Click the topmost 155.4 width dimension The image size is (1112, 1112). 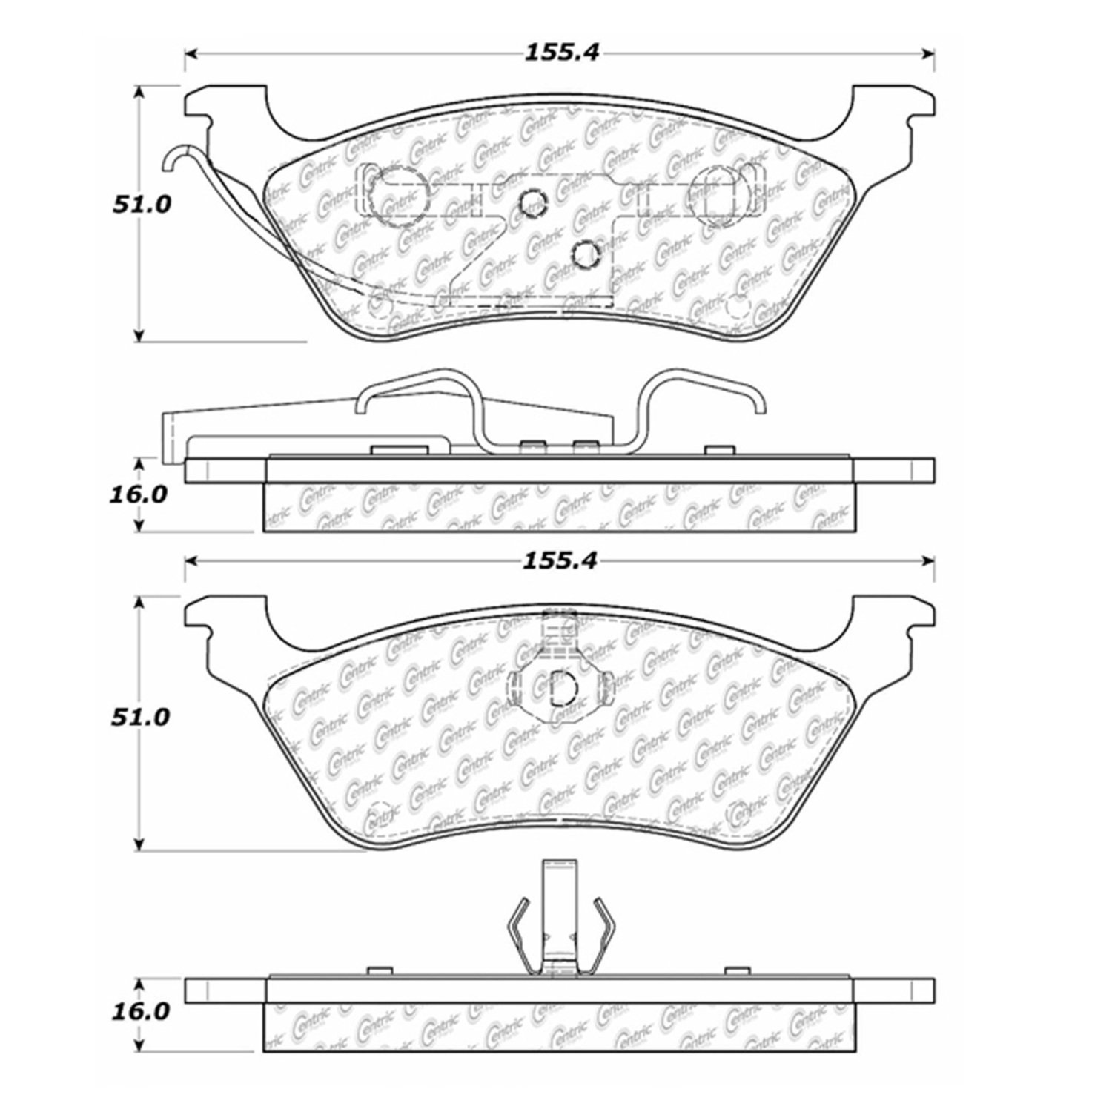(561, 53)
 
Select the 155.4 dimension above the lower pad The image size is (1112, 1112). (561, 561)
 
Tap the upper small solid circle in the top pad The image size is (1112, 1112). (531, 202)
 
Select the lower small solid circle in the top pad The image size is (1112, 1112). (585, 254)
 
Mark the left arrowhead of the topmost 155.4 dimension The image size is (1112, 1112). (191, 53)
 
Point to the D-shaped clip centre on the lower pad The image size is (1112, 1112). (561, 689)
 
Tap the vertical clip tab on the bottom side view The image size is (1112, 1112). (560, 916)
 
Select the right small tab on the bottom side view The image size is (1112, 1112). (736, 970)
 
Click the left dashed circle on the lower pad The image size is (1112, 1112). (380, 815)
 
